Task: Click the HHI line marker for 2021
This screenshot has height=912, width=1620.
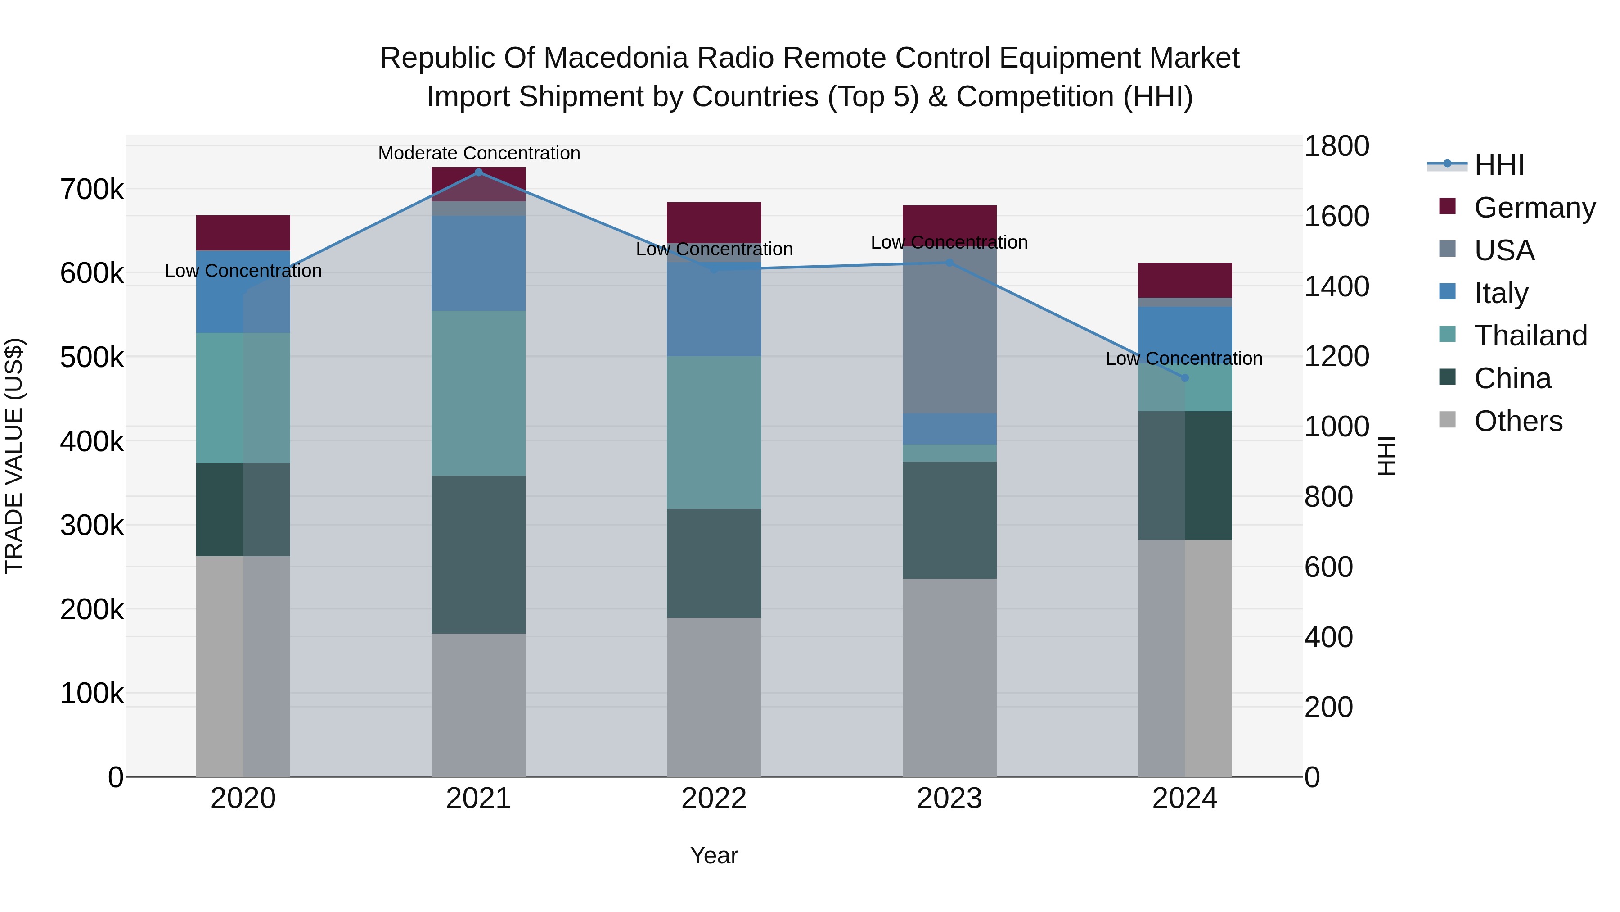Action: [479, 172]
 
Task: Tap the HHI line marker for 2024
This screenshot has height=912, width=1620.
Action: [1185, 378]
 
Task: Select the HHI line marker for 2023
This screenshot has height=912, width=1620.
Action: [949, 263]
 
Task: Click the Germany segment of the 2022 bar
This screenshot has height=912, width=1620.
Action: [714, 222]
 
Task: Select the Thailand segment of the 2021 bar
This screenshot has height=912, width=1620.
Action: [479, 393]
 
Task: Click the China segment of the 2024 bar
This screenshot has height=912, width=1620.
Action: [1185, 475]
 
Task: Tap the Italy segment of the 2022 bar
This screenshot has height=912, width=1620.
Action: [714, 309]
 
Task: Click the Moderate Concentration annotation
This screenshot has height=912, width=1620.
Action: [479, 154]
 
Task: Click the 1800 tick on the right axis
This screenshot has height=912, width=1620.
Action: [1337, 146]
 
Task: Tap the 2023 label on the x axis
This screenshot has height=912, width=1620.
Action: [949, 799]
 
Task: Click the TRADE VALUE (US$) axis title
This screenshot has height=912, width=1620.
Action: [14, 456]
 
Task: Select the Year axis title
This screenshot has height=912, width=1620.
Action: [714, 855]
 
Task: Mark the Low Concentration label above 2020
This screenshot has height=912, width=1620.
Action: [243, 271]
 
